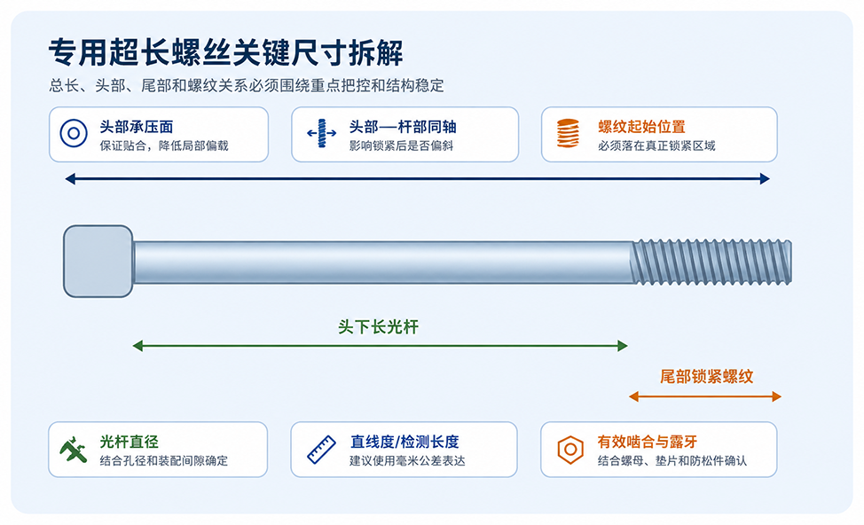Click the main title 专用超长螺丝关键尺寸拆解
click(x=225, y=53)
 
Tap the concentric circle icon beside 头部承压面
click(x=74, y=133)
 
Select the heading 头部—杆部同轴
click(x=403, y=127)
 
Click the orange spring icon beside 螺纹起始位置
click(x=568, y=133)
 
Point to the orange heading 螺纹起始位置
click(x=641, y=127)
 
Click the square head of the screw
click(x=98, y=261)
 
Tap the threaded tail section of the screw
click(x=712, y=262)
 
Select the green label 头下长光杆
click(x=378, y=326)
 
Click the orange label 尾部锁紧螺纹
click(x=706, y=377)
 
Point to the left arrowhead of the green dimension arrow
click(x=137, y=346)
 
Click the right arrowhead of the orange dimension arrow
click(x=777, y=396)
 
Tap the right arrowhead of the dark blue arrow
click(x=765, y=178)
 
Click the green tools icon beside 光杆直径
click(x=74, y=450)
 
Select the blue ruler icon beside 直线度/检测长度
click(x=321, y=450)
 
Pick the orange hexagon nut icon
click(x=570, y=450)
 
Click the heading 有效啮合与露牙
click(x=648, y=442)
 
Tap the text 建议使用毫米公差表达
click(x=407, y=460)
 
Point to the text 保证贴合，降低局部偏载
click(x=163, y=145)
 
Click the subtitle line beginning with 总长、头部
click(x=247, y=85)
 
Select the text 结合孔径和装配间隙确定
click(x=163, y=460)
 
